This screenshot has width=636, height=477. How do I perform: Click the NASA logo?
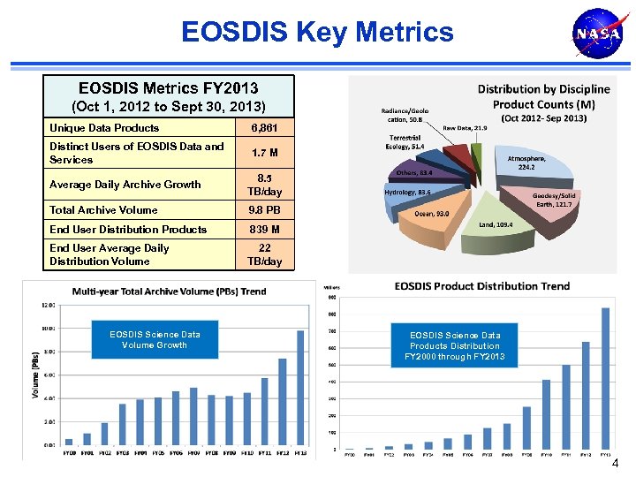(593, 35)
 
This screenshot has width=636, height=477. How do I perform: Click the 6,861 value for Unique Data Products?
(265, 128)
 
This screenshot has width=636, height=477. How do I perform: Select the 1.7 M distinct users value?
(265, 153)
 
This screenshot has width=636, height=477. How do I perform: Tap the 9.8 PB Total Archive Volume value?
(265, 210)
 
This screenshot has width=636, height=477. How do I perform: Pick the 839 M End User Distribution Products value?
(265, 230)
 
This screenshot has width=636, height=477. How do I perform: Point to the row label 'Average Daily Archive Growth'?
(125, 185)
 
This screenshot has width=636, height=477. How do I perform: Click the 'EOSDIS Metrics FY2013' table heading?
(169, 88)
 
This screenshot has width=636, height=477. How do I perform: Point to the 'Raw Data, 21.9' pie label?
(465, 129)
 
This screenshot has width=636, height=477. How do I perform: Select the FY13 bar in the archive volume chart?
(299, 388)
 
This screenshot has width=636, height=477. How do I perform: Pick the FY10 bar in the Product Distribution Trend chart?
(546, 414)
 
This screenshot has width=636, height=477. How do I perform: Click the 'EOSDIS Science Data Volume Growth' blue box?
(155, 339)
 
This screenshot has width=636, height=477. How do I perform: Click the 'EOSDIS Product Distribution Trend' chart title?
(481, 286)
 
